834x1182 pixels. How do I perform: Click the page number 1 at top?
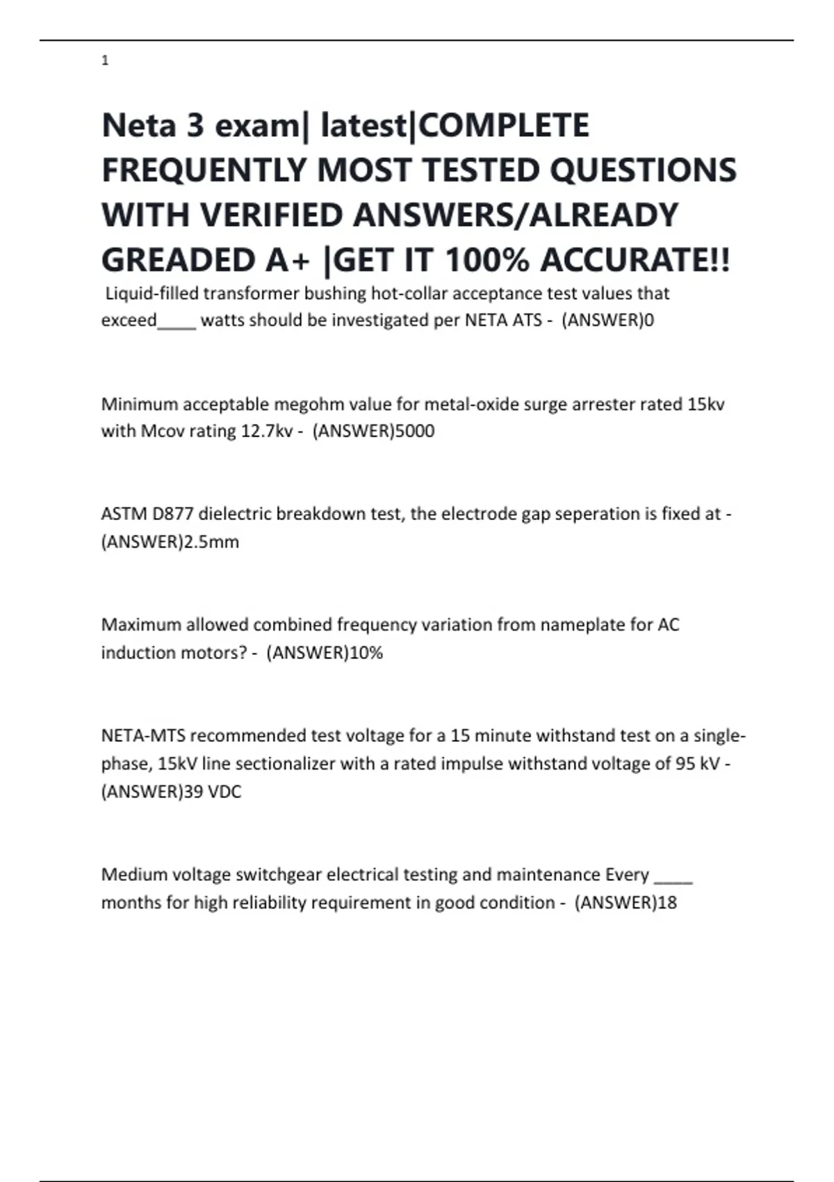105,61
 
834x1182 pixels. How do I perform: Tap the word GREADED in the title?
177,261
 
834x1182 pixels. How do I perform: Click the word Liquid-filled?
152,293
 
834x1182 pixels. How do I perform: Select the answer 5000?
414,431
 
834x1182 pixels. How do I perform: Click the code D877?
173,514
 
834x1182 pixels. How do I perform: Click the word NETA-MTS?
143,736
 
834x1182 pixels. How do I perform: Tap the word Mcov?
162,431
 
